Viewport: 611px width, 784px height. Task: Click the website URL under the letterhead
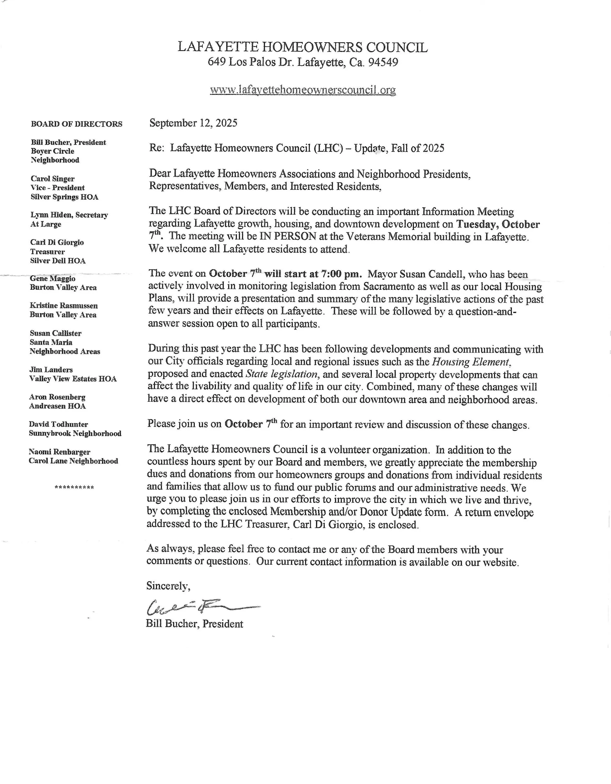pyautogui.click(x=303, y=89)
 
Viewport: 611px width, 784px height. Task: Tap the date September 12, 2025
pyautogui.click(x=193, y=123)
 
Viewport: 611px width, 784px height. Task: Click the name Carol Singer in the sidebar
pyautogui.click(x=52, y=179)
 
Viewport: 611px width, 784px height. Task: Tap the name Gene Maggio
pyautogui.click(x=52, y=279)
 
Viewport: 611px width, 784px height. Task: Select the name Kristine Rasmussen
pyautogui.click(x=63, y=306)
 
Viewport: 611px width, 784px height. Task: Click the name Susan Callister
pyautogui.click(x=56, y=333)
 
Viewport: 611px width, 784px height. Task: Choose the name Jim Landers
pyautogui.click(x=51, y=370)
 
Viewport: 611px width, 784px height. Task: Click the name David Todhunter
pyautogui.click(x=58, y=424)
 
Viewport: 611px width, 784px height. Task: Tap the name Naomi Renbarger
pyautogui.click(x=60, y=452)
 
